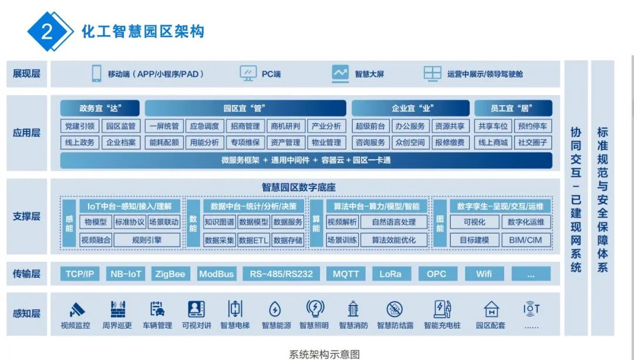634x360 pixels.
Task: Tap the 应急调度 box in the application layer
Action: [x=204, y=126]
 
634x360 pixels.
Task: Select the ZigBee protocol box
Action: [x=170, y=274]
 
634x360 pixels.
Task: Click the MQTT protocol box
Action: [x=346, y=274]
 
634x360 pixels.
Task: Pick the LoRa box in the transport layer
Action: [x=390, y=274]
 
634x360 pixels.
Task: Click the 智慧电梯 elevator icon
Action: [x=235, y=309]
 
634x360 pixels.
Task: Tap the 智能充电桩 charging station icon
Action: [x=442, y=309]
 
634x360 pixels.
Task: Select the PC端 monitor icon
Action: [x=248, y=73]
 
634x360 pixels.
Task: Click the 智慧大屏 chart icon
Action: [x=340, y=73]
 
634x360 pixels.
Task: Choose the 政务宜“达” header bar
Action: [x=100, y=108]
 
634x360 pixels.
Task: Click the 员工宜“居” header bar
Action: [x=513, y=108]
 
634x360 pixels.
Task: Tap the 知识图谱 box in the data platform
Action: [x=220, y=222]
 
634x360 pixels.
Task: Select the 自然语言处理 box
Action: [x=393, y=222]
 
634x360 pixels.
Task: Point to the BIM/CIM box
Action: [x=526, y=240]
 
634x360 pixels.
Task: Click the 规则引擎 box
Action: [x=147, y=240]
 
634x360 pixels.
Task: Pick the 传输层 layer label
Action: [x=27, y=274]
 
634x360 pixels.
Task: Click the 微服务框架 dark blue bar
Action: [x=306, y=160]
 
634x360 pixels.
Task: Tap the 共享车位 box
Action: [x=493, y=126]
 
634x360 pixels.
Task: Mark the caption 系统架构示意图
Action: [x=324, y=354]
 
